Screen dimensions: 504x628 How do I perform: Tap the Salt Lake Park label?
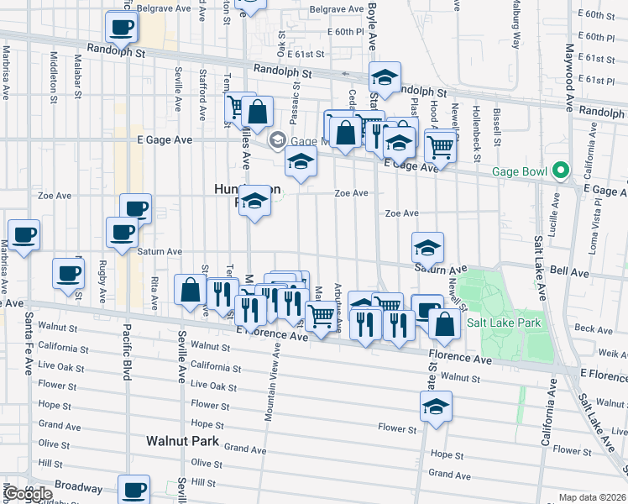point(504,323)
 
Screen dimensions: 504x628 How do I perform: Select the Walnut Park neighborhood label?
point(182,440)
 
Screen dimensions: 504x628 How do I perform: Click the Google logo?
point(29,494)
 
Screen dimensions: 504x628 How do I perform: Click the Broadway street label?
point(77,486)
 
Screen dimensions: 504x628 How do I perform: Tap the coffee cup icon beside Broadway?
point(134,489)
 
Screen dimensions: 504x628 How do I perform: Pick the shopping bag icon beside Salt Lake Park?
point(444,323)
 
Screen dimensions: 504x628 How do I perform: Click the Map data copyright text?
point(593,497)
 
